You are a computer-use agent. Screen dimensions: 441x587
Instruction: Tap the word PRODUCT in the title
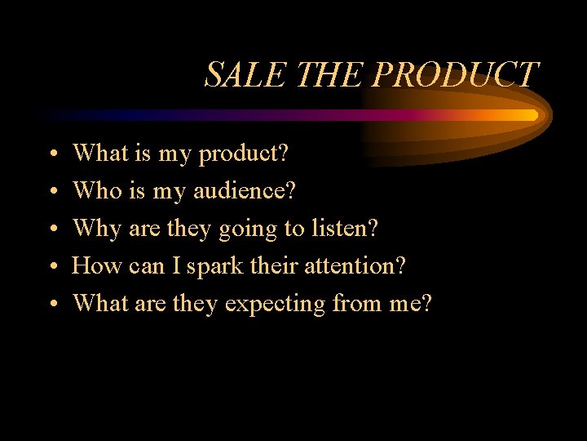point(455,74)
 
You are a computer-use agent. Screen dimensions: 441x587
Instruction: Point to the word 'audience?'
point(245,190)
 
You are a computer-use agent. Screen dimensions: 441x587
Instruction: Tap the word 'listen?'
point(345,228)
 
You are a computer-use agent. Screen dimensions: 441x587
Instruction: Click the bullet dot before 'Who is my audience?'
point(51,192)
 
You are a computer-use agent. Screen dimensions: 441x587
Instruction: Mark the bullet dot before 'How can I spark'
point(51,267)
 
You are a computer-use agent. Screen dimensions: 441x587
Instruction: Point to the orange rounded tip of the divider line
point(533,115)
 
